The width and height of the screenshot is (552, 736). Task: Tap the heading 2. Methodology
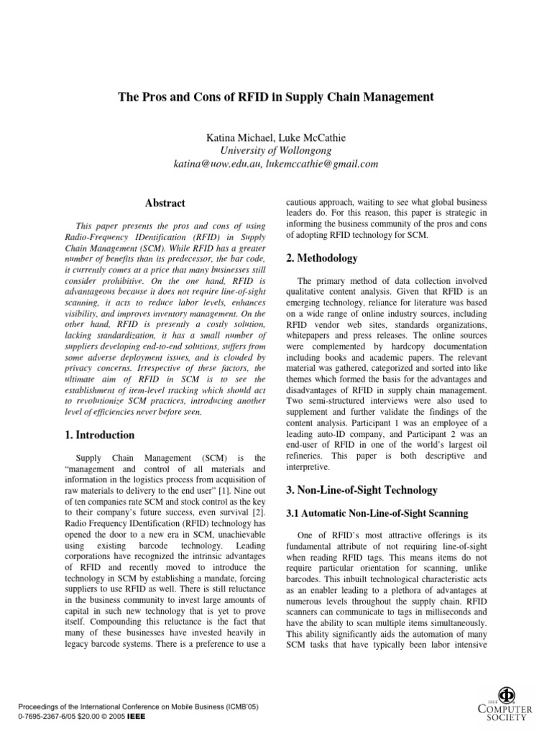click(x=323, y=257)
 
